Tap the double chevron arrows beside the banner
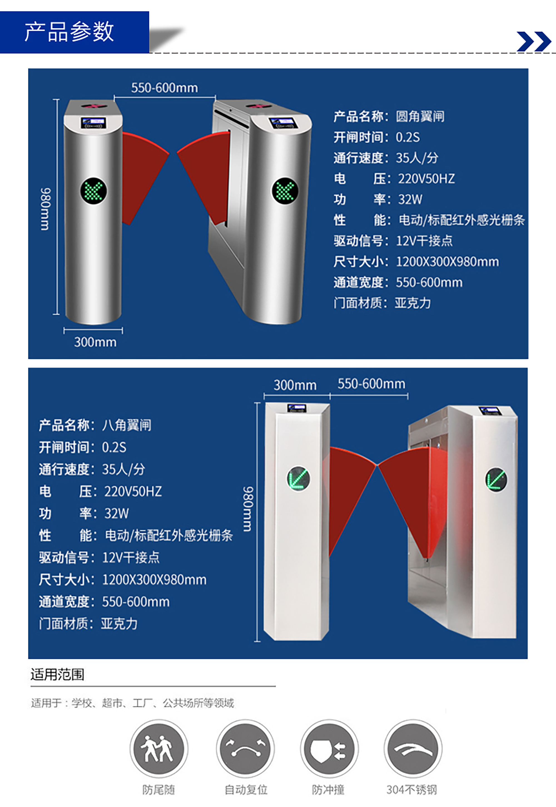[x=534, y=41]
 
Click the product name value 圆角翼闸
[x=420, y=117]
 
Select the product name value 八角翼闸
[x=126, y=425]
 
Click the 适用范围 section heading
[x=58, y=674]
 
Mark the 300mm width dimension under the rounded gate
[x=95, y=342]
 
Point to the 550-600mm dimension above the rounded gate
[x=164, y=88]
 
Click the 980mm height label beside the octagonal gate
[x=248, y=509]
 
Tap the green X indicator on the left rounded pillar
[x=94, y=191]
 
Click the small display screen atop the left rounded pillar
[x=94, y=123]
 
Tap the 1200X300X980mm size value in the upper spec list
[x=447, y=261]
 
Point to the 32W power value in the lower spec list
[x=117, y=513]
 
